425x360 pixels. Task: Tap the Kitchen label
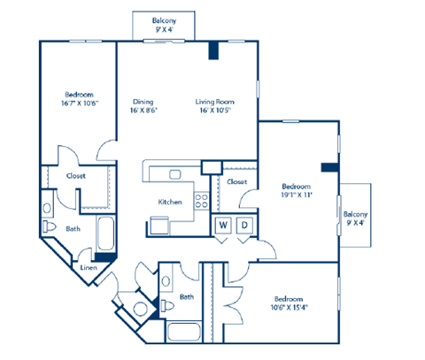tap(170, 202)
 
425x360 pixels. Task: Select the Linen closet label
tap(89, 267)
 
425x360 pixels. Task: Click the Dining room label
tap(143, 102)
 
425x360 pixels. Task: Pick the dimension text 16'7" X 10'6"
tap(80, 103)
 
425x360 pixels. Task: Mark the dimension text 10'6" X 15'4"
tap(292, 307)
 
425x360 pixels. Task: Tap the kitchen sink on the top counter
tap(176, 173)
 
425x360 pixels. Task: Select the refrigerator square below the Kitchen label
tap(158, 225)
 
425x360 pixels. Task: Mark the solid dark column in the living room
tap(213, 50)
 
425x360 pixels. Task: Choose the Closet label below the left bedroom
tap(75, 175)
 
